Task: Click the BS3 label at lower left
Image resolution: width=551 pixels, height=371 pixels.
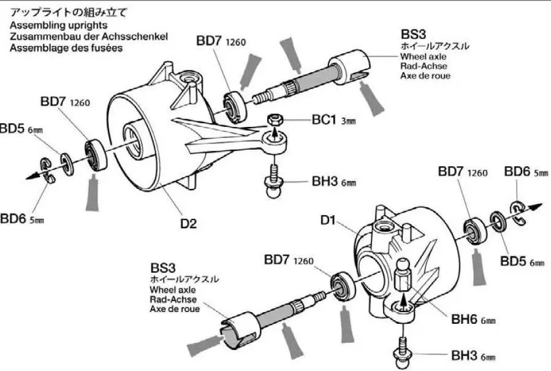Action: tap(162, 269)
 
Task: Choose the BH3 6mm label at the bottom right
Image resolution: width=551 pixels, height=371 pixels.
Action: tap(473, 356)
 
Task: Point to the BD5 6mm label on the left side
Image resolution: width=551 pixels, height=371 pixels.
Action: tap(21, 129)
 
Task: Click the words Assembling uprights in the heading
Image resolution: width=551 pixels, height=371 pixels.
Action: tap(59, 25)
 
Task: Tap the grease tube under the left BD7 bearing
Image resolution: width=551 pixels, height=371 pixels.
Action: tap(94, 192)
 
